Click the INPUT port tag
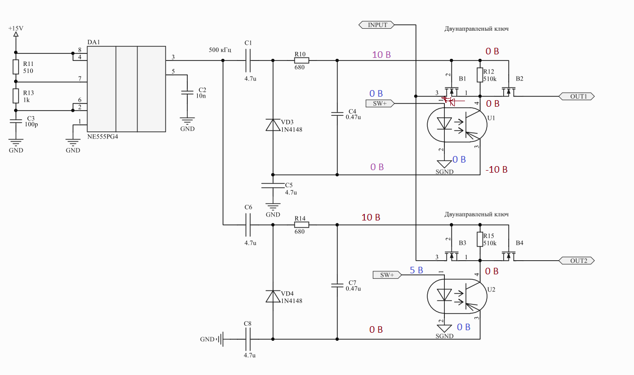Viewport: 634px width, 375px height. pos(376,25)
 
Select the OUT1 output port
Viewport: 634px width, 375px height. pos(577,96)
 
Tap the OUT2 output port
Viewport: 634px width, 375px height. pos(577,261)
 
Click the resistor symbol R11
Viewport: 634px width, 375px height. pos(16,67)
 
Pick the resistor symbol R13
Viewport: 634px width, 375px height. pos(16,96)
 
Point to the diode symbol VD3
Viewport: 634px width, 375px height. pos(273,125)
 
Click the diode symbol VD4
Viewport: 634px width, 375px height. pos(273,296)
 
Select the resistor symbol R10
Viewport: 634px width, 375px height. pos(301,60)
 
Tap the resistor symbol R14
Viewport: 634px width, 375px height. pos(301,225)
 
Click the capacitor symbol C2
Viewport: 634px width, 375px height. pos(187,93)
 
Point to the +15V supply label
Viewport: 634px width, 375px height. pos(16,28)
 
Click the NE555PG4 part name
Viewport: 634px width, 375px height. pos(103,136)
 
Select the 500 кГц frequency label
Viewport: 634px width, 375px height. pos(220,50)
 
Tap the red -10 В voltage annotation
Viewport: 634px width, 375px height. pos(497,169)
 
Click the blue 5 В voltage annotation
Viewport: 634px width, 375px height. pos(416,270)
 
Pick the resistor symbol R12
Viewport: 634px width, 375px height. pos(480,75)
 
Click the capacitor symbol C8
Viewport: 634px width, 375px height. pos(248,339)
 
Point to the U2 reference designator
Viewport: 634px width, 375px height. pos(491,289)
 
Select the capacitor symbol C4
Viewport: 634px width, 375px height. pos(337,114)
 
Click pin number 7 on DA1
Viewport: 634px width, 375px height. pos(80,79)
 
